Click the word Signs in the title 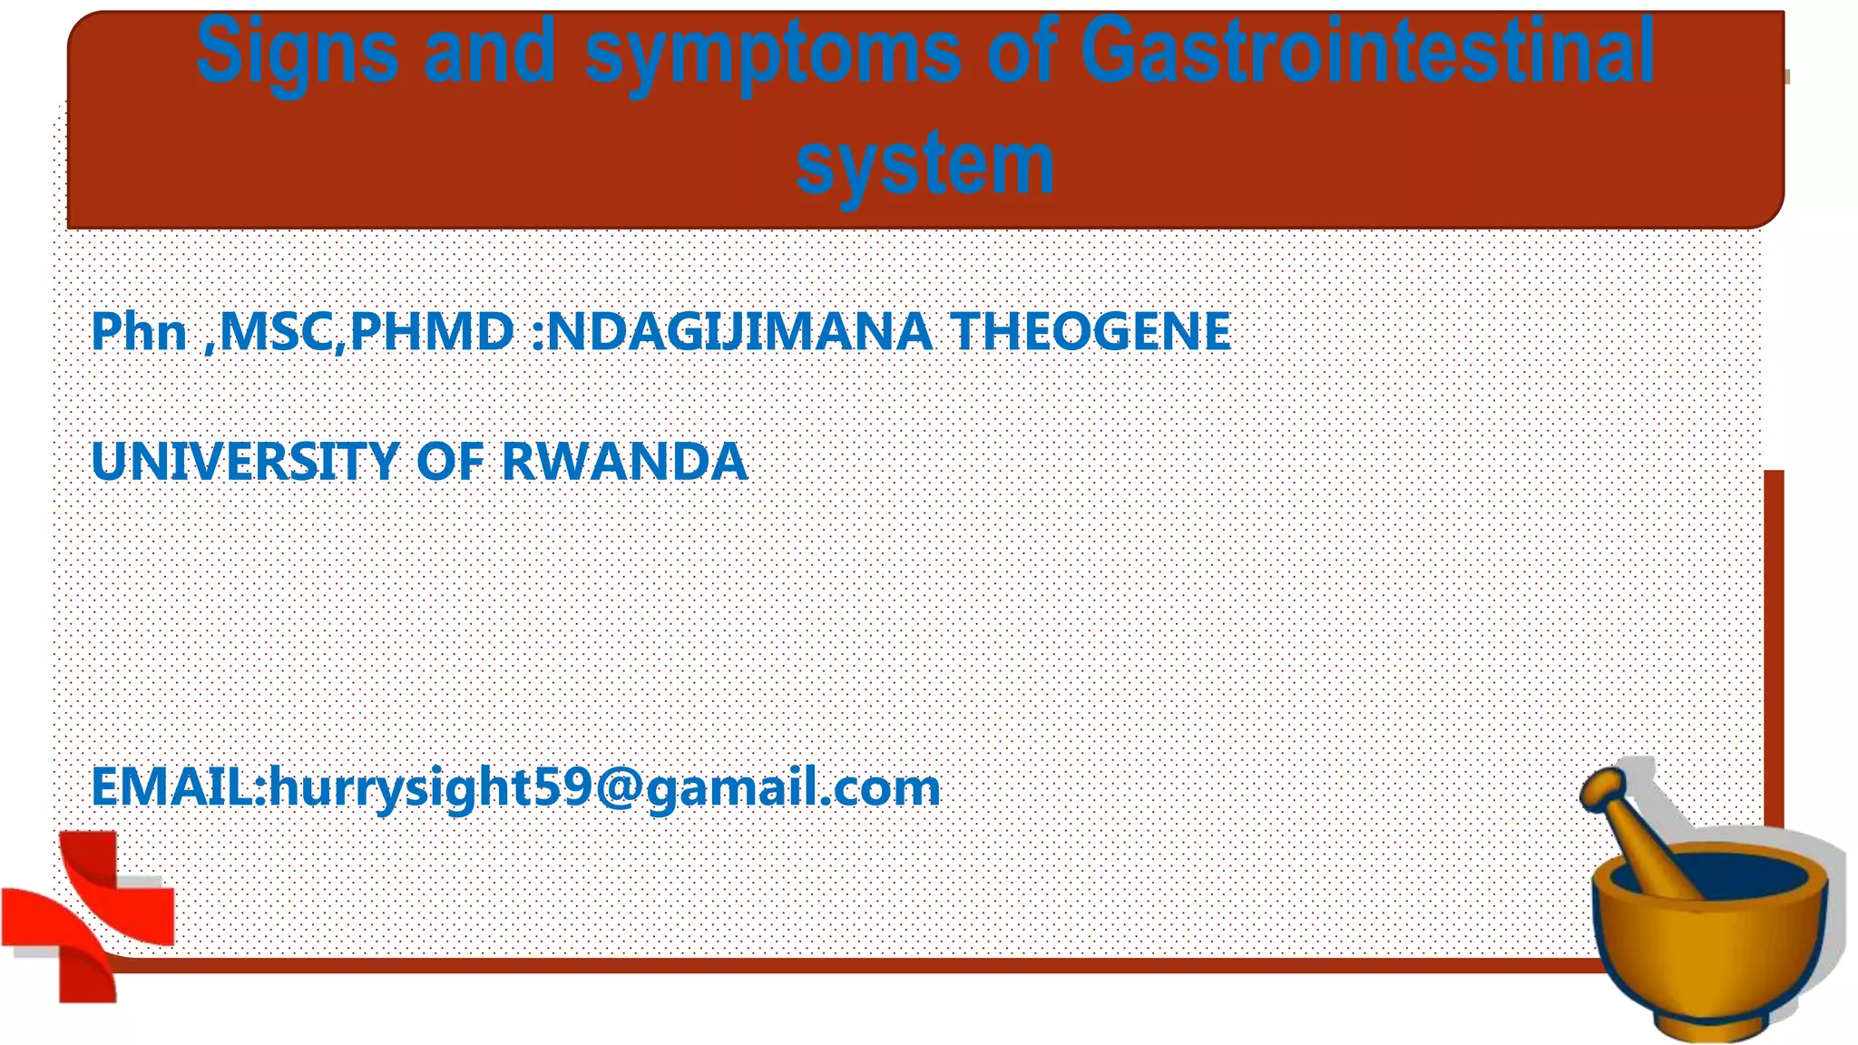point(297,53)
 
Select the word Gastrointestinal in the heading point(1368,53)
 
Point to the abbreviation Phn point(139,332)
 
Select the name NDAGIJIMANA point(739,332)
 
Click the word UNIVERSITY point(245,462)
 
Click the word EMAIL point(173,786)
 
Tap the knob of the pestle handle point(1603,786)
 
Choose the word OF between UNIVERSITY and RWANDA point(450,462)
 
